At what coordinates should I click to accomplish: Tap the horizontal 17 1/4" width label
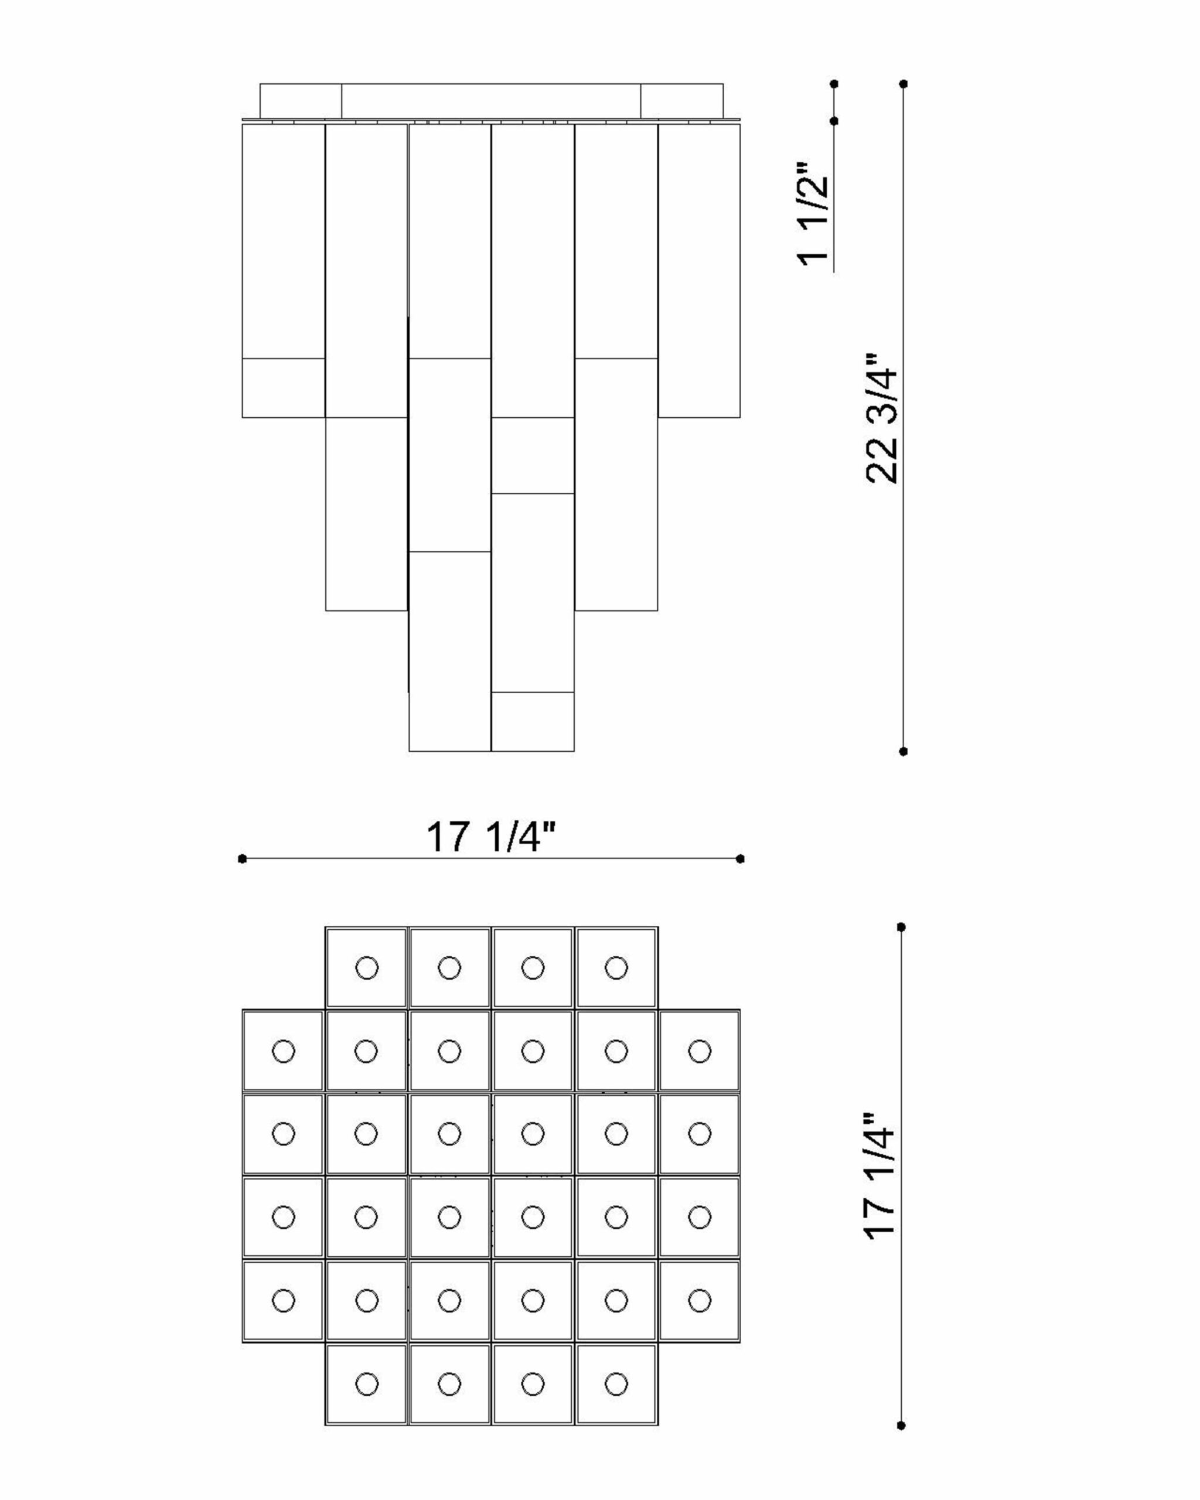point(490,837)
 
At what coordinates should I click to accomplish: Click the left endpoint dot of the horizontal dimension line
point(242,858)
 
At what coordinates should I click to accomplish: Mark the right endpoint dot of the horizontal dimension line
point(740,858)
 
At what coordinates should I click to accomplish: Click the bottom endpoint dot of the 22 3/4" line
point(903,751)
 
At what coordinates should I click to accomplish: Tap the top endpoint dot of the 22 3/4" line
point(903,83)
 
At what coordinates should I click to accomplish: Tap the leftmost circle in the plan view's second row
point(283,1051)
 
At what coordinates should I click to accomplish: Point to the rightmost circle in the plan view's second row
point(699,1051)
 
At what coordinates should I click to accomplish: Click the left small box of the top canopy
point(301,101)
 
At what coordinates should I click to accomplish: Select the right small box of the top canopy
point(682,101)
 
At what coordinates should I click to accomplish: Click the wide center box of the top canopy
point(490,101)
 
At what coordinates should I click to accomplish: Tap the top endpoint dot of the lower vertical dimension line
point(901,927)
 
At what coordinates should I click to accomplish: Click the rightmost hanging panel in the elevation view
point(699,271)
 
